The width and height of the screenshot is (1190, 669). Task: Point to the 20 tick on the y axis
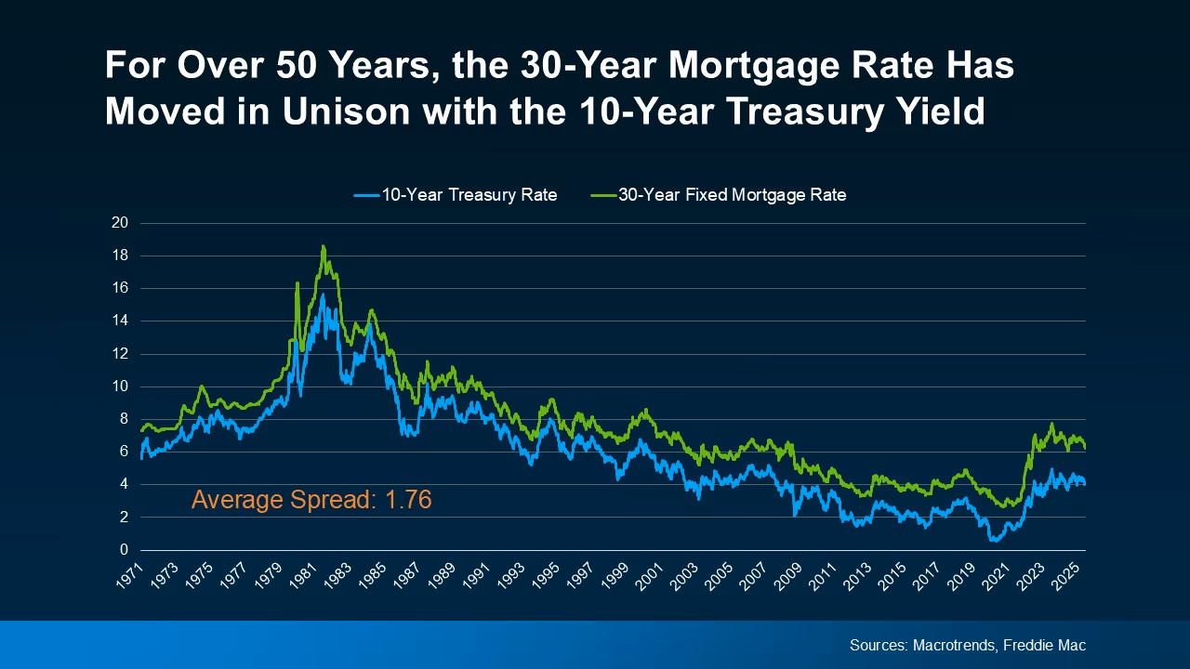coord(119,223)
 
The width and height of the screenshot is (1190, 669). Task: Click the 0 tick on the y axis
coord(123,550)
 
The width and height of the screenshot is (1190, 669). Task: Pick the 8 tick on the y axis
coord(123,419)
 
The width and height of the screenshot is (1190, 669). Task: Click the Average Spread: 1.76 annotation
coord(311,500)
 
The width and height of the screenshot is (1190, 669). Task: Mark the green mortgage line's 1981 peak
coord(323,246)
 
